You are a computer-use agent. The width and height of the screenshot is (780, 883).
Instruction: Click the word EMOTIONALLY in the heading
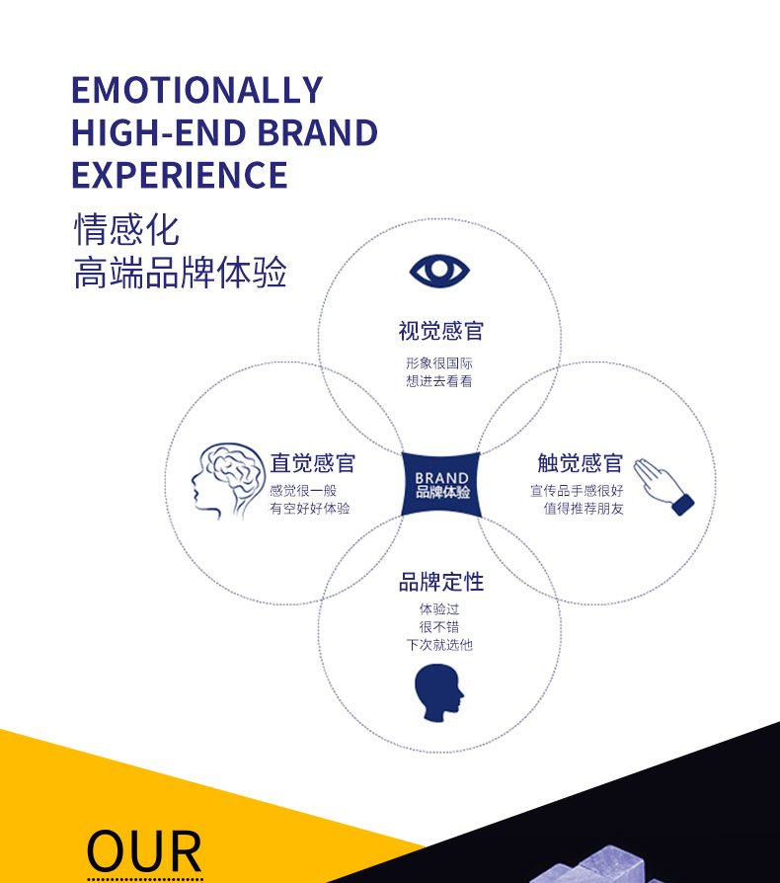click(196, 90)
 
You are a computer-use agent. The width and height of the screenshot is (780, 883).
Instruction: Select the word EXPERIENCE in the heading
click(179, 176)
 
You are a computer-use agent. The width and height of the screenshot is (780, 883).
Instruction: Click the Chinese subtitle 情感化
click(126, 230)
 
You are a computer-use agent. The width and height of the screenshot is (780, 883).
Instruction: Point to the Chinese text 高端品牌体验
click(180, 274)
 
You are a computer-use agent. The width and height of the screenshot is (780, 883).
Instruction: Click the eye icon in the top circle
click(439, 271)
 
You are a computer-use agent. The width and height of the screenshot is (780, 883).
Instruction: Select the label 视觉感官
click(440, 331)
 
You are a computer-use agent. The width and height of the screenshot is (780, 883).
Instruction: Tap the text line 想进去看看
click(439, 381)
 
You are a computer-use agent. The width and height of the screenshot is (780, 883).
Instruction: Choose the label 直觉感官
click(312, 464)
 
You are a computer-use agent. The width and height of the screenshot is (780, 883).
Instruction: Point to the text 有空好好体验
click(310, 509)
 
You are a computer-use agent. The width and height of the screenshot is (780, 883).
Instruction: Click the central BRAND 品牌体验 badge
click(441, 485)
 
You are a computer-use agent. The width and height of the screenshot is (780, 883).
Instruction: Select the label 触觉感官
click(580, 464)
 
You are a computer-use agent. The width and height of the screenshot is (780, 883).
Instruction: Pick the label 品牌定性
click(440, 583)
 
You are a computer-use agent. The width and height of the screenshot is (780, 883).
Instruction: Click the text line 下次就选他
click(439, 645)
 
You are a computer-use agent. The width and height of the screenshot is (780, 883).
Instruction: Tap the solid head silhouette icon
click(438, 692)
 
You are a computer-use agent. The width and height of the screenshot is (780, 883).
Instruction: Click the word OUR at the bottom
click(144, 851)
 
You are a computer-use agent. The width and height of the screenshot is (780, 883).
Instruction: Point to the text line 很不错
click(439, 627)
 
